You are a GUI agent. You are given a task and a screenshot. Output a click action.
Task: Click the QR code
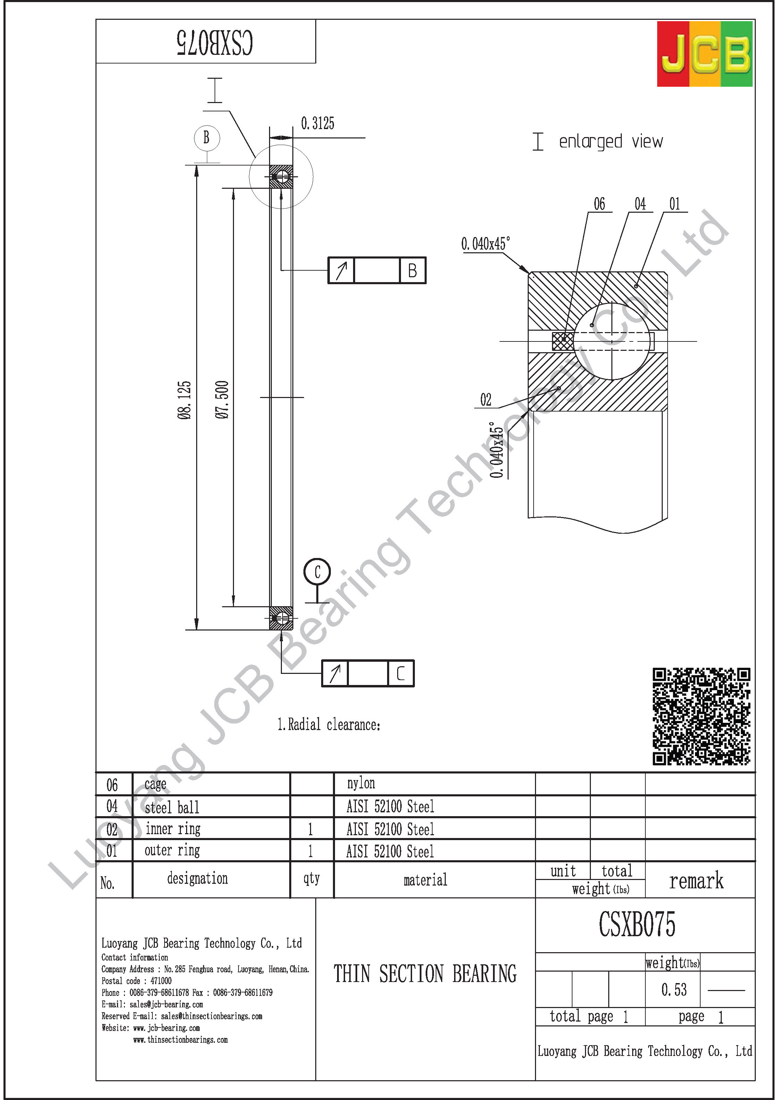701,716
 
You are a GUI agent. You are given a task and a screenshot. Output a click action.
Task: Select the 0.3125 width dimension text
317,124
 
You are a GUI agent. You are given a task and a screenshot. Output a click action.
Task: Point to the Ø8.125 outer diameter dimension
184,400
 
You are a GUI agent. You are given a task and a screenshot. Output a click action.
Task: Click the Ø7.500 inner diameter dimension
222,400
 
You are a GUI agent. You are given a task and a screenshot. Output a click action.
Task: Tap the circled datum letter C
317,572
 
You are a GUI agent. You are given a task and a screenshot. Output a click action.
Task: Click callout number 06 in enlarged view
599,204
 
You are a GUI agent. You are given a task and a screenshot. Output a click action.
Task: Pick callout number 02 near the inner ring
486,399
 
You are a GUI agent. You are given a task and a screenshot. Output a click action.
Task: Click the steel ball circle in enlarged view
612,341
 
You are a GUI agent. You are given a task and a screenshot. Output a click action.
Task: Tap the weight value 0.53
674,989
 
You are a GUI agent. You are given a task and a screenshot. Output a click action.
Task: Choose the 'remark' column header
696,881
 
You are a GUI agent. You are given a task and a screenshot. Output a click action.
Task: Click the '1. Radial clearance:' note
329,725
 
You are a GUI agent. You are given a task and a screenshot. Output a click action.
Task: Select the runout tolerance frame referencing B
377,270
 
